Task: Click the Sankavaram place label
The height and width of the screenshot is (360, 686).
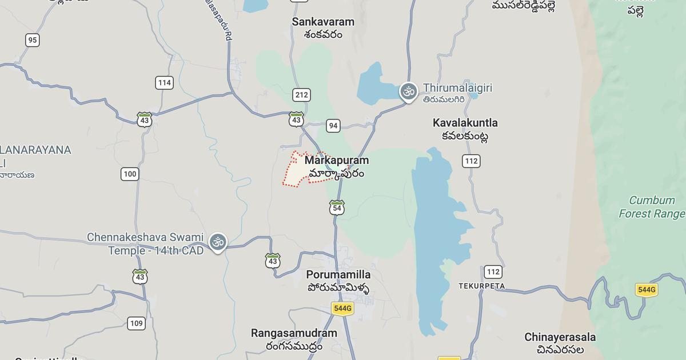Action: pyautogui.click(x=323, y=22)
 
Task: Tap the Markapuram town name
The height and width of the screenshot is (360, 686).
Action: pyautogui.click(x=336, y=161)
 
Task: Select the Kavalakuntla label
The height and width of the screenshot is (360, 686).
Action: pyautogui.click(x=465, y=123)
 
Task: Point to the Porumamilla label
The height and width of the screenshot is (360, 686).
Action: pyautogui.click(x=338, y=275)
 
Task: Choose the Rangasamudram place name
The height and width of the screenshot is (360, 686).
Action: pyautogui.click(x=294, y=333)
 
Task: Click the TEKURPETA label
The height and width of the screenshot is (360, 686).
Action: pyautogui.click(x=481, y=286)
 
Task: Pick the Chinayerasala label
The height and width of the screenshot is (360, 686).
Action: pyautogui.click(x=560, y=337)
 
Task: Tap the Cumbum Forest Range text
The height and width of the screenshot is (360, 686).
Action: pyautogui.click(x=652, y=207)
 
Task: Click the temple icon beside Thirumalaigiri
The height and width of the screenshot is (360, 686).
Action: pyautogui.click(x=408, y=91)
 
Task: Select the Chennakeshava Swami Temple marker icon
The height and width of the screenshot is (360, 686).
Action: pyautogui.click(x=217, y=242)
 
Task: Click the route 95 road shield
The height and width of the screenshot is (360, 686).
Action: pyautogui.click(x=33, y=40)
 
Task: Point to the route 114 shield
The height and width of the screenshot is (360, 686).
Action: pyautogui.click(x=164, y=83)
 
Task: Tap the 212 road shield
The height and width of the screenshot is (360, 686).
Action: pyautogui.click(x=301, y=95)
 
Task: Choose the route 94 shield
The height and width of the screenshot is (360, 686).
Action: pyautogui.click(x=333, y=126)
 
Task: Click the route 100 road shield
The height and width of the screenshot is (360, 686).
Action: pyautogui.click(x=130, y=174)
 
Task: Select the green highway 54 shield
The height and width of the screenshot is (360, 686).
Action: pyautogui.click(x=337, y=208)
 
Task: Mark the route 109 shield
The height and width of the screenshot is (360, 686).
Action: pyautogui.click(x=136, y=323)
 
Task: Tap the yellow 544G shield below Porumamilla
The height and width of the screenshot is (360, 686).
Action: pyautogui.click(x=342, y=309)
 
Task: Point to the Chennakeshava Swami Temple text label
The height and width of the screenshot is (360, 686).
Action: pyautogui.click(x=145, y=243)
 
